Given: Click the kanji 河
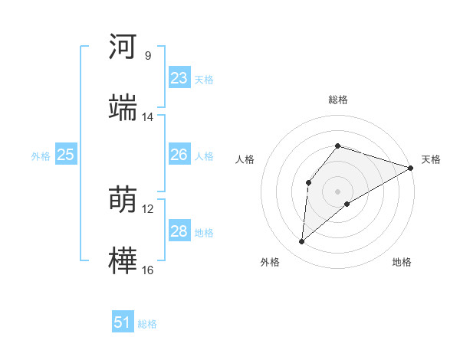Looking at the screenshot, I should [123, 47].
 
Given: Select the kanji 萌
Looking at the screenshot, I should [123, 200].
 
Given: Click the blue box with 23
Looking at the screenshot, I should [179, 78].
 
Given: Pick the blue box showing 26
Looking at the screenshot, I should [179, 155].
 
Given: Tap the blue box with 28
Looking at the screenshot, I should [179, 231].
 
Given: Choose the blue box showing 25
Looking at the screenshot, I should [65, 155].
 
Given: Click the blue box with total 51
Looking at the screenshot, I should [123, 322].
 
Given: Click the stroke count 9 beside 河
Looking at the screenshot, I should [147, 56].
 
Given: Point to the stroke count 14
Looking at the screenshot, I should [147, 117].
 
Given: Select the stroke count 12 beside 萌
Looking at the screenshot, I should [147, 209].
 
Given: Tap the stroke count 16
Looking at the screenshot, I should [147, 270].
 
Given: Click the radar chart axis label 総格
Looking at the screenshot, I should [338, 100].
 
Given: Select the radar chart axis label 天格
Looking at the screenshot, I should [431, 159].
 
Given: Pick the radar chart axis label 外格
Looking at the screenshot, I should [270, 262].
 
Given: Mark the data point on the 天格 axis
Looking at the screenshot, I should [411, 168].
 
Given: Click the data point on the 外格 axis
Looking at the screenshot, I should [302, 242].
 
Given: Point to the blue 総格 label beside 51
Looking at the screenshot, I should [147, 324].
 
